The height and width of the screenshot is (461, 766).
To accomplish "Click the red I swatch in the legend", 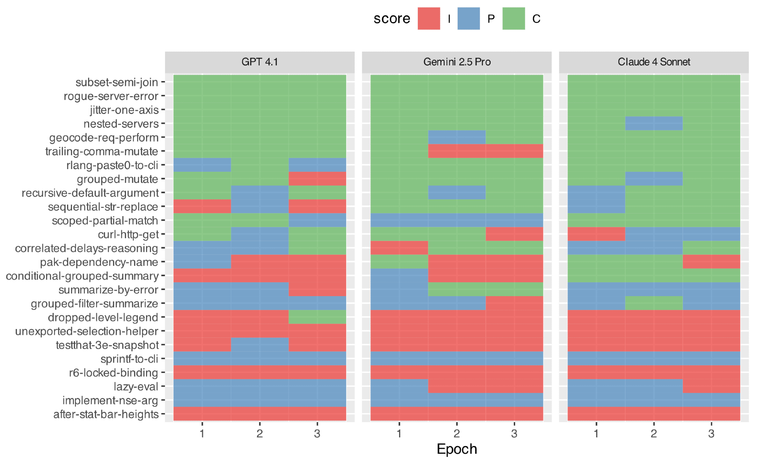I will tap(429, 19).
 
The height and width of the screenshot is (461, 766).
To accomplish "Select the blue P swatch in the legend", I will tap(468, 19).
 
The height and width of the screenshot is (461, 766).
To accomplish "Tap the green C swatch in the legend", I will tap(513, 19).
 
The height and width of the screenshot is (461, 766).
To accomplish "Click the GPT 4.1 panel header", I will tap(260, 62).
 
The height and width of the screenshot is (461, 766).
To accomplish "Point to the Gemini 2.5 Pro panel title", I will tap(457, 62).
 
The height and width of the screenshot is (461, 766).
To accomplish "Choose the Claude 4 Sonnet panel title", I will tap(654, 62).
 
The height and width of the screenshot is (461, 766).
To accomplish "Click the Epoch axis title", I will tap(457, 449).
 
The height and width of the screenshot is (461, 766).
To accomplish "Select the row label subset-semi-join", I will tap(116, 82).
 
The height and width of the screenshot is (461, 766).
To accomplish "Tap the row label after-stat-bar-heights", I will tap(106, 414).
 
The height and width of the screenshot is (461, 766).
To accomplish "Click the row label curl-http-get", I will tap(128, 234).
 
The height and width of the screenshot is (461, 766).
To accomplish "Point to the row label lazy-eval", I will tap(136, 386).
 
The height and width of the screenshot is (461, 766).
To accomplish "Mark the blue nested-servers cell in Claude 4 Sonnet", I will tap(654, 124).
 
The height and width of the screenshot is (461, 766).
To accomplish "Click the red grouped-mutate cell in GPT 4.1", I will tap(317, 179).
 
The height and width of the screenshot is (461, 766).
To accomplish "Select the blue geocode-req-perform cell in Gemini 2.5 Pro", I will tap(457, 137).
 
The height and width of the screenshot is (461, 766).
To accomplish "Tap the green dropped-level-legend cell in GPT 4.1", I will tap(317, 317).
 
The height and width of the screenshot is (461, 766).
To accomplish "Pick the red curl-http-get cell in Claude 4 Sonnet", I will tap(596, 234).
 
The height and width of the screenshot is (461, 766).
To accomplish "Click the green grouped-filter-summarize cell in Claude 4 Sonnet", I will tap(654, 303).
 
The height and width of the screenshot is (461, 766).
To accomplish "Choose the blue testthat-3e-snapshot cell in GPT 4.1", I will tap(260, 345).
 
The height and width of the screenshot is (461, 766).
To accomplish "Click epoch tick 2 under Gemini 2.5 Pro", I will tap(457, 433).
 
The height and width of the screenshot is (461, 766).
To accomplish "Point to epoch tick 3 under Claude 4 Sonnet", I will tap(711, 433).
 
